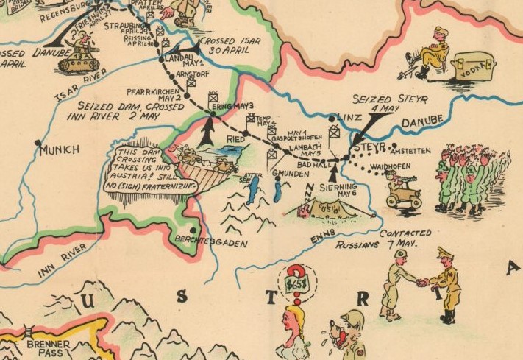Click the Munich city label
click(x=60, y=150)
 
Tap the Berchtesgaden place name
click(x=207, y=241)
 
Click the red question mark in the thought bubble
click(x=297, y=275)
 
